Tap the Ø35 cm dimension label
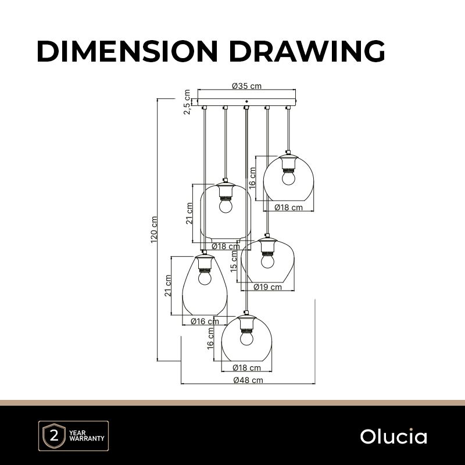(246, 86)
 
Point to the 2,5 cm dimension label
(187, 102)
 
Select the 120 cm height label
(154, 230)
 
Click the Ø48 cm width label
(248, 380)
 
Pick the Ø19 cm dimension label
(268, 287)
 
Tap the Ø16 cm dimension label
(205, 321)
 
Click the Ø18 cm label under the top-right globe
(288, 208)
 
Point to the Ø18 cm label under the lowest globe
(246, 367)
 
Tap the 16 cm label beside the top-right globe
(253, 177)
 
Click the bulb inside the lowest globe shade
(247, 338)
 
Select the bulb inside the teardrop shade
(204, 278)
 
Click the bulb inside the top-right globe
(288, 177)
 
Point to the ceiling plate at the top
(246, 102)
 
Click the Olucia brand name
(393, 437)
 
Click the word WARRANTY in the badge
(87, 439)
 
